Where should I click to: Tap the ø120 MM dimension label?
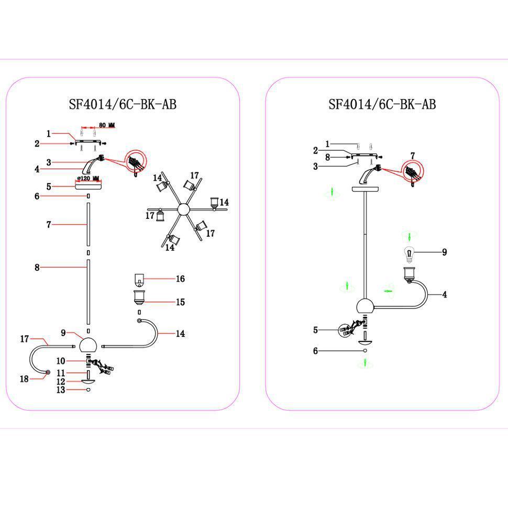[x=88, y=179]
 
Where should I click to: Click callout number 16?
[x=180, y=279]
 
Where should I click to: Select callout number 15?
[x=180, y=302]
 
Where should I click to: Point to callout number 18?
[x=24, y=379]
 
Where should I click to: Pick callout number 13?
[x=61, y=390]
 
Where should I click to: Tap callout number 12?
[x=61, y=382]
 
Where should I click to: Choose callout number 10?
[x=61, y=361]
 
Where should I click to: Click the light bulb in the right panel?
[x=409, y=254]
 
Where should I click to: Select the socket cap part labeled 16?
[x=139, y=278]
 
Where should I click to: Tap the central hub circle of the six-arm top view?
[x=183, y=209]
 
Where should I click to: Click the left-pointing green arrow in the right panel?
[x=388, y=290]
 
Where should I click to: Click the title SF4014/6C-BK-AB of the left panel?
[x=123, y=104]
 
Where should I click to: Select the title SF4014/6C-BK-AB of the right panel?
[x=382, y=104]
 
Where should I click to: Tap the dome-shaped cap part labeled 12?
[x=88, y=382]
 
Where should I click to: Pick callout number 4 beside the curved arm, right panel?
[x=445, y=295]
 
